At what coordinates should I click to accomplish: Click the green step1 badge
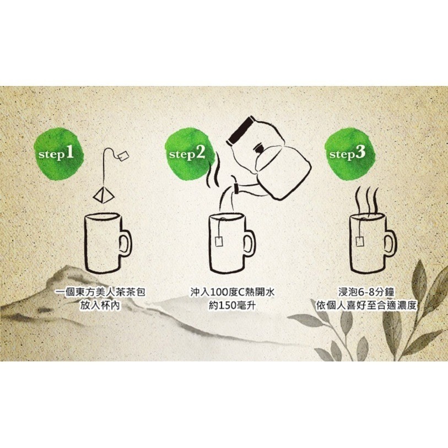click(56, 153)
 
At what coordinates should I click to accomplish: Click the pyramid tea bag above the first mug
click(101, 193)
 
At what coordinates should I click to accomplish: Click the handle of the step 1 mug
click(126, 243)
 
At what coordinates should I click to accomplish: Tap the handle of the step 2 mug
click(249, 243)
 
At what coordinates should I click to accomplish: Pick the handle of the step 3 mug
click(390, 243)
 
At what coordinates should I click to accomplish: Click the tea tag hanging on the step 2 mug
click(220, 241)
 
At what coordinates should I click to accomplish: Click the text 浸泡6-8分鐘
click(365, 292)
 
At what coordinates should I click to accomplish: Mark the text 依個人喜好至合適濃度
click(365, 305)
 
